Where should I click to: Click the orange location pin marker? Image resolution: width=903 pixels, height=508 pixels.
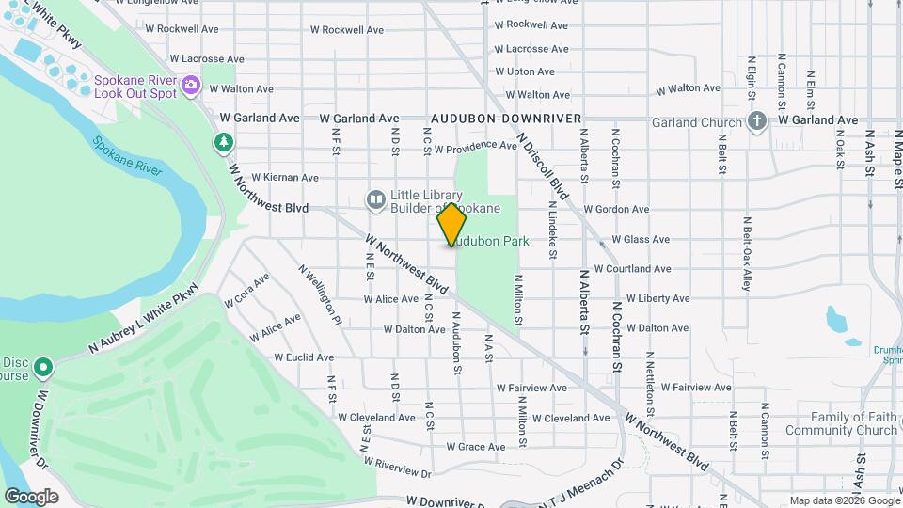451,225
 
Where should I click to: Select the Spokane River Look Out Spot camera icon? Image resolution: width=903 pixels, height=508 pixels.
191,86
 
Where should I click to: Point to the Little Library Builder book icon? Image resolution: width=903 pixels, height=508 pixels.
375,199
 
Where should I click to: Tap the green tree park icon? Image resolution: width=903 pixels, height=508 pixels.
223,143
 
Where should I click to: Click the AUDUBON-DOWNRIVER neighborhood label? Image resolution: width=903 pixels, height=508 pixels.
499,119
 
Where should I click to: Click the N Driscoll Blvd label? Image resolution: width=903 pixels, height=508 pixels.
544,166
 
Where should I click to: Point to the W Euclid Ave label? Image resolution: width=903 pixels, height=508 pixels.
304,357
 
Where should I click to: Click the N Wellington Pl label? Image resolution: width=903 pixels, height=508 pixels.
320,294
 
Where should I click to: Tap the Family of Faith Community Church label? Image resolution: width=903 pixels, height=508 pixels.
854,423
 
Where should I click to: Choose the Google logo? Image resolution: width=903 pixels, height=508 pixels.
31,497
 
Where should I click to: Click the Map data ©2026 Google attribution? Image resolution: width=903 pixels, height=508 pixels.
843,500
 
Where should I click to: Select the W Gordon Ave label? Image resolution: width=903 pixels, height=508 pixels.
616,210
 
